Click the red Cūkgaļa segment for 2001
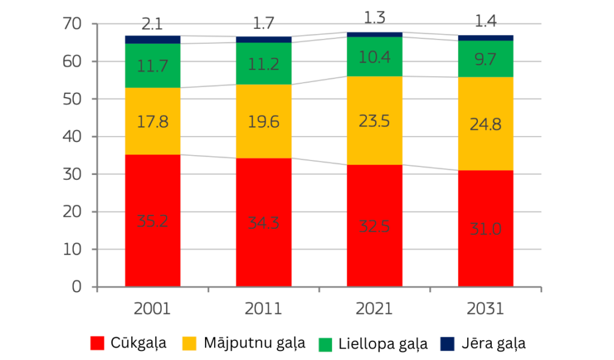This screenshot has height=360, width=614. coord(152,252)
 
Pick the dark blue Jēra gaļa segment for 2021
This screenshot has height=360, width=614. coord(374,35)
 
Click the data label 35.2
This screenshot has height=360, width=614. coord(152,220)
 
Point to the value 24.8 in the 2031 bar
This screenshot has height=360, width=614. coord(485,125)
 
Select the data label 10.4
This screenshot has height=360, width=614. coord(374,58)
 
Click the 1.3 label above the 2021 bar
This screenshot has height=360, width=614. coord(374,17)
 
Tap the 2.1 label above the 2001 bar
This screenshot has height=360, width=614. coord(152,24)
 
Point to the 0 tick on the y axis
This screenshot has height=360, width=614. coord(76,287)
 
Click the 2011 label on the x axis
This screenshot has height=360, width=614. coord(263,309)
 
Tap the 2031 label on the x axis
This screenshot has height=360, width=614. coord(485,309)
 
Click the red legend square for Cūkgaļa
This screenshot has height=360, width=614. coord(98,343)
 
